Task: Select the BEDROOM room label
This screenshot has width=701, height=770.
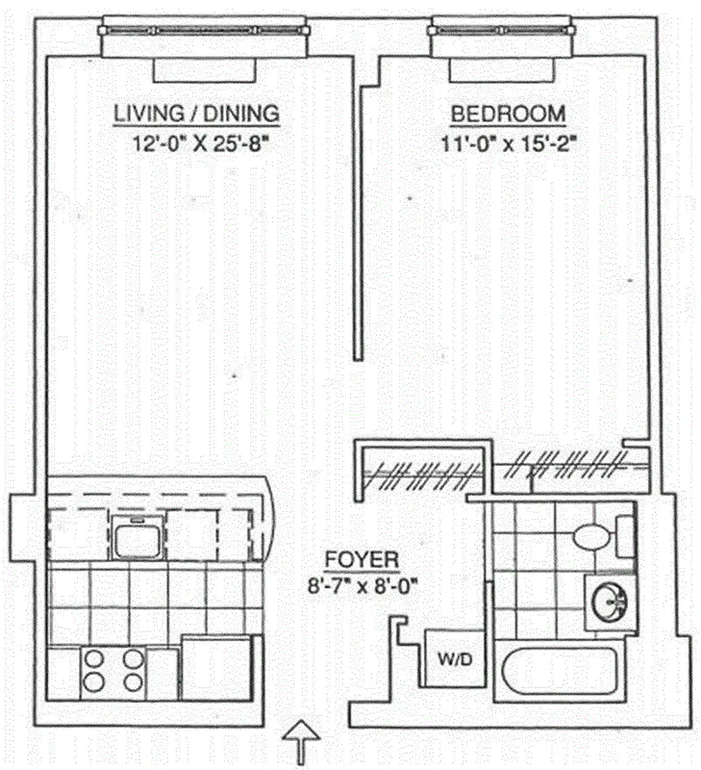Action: pyautogui.click(x=508, y=113)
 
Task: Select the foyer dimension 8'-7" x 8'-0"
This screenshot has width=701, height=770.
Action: pyautogui.click(x=363, y=583)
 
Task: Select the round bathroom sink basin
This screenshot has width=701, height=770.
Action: pyautogui.click(x=610, y=603)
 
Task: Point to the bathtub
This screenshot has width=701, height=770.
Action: pyautogui.click(x=564, y=672)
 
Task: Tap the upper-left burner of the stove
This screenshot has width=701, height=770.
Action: pyautogui.click(x=95, y=659)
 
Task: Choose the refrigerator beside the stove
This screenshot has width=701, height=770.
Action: pyautogui.click(x=216, y=666)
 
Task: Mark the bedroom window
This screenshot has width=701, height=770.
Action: pyautogui.click(x=504, y=39)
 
